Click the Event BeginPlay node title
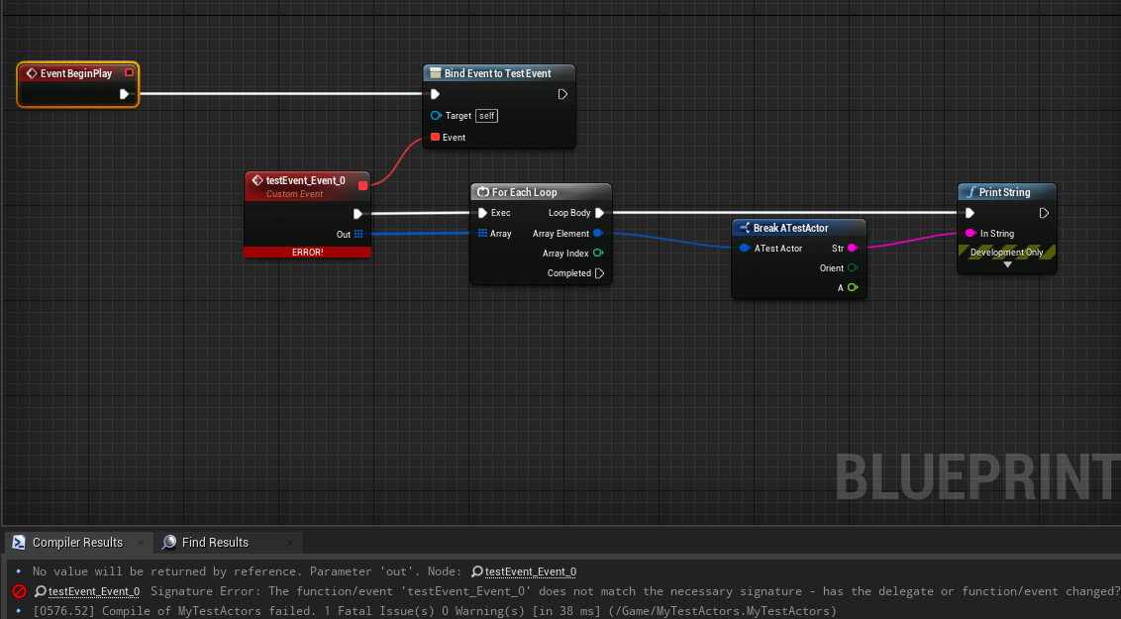tap(76, 73)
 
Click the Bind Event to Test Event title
tap(497, 73)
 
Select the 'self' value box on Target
tap(486, 116)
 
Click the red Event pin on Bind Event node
tap(435, 138)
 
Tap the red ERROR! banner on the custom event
tap(307, 252)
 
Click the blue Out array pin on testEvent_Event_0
tap(357, 234)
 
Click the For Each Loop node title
tap(524, 192)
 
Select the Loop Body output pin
tap(599, 213)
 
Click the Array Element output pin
tap(598, 234)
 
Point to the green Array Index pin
tap(598, 254)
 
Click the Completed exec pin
tap(599, 273)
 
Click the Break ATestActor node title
tap(790, 228)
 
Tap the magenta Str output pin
tap(852, 248)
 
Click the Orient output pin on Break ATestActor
tap(852, 268)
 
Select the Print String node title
tap(1004, 192)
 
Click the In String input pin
tap(970, 234)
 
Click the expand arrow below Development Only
tap(1007, 264)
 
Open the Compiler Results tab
tap(77, 543)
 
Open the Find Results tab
tap(215, 543)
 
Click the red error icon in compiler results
tap(19, 591)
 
